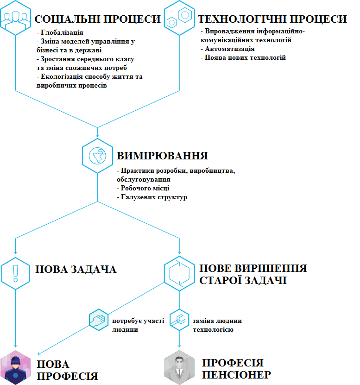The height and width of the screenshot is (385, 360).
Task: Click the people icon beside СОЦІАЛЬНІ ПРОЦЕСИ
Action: click(x=15, y=18)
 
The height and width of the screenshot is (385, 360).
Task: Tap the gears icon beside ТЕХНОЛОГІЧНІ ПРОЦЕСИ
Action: click(x=179, y=18)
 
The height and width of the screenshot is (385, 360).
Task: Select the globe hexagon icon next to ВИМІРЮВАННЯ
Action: click(x=97, y=156)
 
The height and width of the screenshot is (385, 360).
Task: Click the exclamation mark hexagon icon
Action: click(x=15, y=273)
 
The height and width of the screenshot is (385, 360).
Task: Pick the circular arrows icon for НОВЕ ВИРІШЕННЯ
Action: click(x=179, y=273)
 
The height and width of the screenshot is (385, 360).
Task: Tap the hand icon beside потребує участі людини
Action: click(x=99, y=320)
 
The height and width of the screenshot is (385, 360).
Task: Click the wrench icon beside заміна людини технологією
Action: click(x=179, y=320)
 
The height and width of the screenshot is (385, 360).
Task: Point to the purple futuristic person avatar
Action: click(x=15, y=367)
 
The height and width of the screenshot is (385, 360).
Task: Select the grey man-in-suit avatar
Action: click(x=179, y=367)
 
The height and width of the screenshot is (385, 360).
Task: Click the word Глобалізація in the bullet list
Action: click(x=62, y=32)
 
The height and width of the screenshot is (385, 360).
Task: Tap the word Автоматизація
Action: click(x=230, y=49)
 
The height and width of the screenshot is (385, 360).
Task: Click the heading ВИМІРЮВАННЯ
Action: click(x=162, y=156)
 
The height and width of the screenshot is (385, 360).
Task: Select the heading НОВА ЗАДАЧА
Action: click(x=76, y=269)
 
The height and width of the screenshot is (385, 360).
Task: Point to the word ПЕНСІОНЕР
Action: click(x=236, y=375)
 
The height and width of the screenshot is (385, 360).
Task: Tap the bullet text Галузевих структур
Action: click(x=154, y=197)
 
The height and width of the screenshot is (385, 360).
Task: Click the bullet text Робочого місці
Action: click(x=145, y=188)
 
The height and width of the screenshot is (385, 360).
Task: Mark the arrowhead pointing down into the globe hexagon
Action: click(x=97, y=135)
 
